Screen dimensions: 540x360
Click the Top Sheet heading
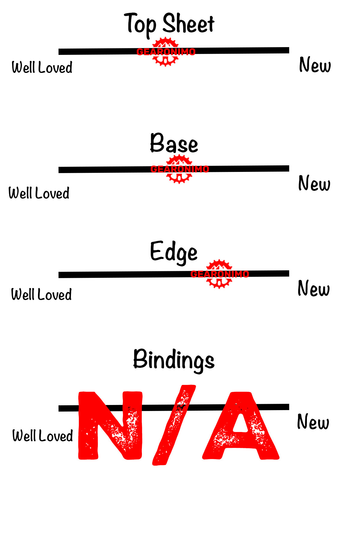coord(169,24)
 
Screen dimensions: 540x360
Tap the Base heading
coord(174,143)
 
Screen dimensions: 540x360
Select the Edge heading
coord(174,252)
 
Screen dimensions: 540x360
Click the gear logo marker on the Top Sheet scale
coord(165,52)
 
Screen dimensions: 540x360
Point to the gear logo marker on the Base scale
coord(179,169)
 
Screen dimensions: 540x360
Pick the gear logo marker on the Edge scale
coord(219,274)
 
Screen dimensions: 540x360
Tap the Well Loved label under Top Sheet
coord(42,67)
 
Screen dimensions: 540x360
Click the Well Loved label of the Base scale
coord(39,193)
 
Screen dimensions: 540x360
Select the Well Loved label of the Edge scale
coord(41,294)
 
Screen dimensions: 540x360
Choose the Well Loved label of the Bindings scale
coord(43,436)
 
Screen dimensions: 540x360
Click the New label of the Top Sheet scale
coord(315,65)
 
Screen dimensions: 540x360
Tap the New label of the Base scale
coord(314,183)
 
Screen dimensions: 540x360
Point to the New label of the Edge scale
coord(313,288)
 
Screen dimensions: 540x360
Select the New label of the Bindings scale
coord(313,422)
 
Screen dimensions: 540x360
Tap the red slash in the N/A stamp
coord(174,425)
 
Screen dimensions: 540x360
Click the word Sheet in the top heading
coord(188,24)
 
